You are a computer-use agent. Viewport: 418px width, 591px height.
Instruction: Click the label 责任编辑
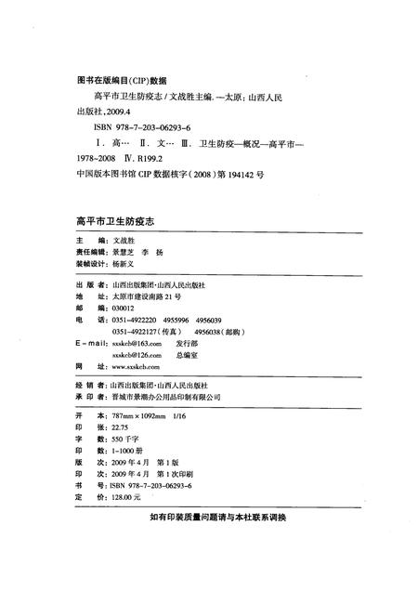pos(89,251)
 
